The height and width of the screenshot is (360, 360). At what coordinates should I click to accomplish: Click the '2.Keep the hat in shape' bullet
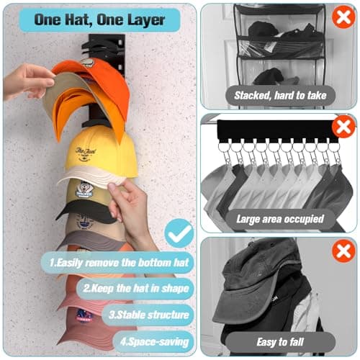(x=137, y=289)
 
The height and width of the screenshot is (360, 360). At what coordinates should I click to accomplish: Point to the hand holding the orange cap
(x=27, y=79)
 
